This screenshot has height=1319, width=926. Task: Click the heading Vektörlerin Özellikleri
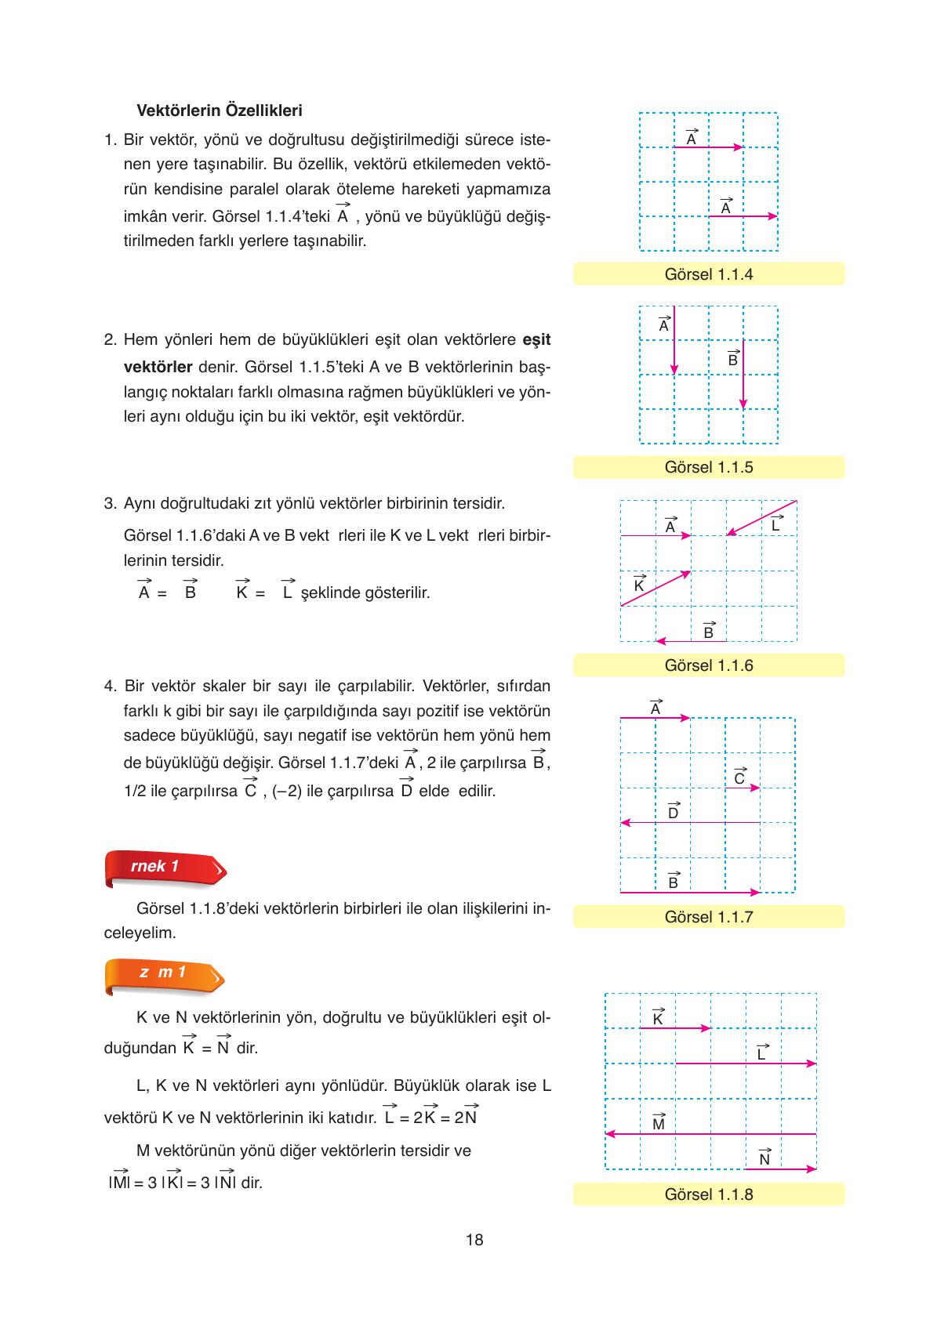coord(220,111)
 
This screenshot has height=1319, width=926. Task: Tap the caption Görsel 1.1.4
coord(708,274)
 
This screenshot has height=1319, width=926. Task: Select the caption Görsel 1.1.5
coord(708,467)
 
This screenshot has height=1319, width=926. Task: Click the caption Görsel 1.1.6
coord(708,665)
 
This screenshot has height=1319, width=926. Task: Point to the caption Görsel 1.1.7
coord(708,917)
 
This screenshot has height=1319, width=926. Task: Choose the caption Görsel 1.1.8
coord(708,1194)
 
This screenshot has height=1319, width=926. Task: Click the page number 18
coord(474,1240)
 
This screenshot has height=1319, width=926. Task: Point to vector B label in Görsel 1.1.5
coord(732,360)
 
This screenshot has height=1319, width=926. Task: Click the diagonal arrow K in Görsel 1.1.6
coord(655,589)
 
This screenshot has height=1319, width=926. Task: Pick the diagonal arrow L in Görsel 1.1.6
coord(761,518)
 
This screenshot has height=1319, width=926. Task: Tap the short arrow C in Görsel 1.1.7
coord(743,788)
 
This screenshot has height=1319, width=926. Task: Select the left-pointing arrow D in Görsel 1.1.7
coord(690,823)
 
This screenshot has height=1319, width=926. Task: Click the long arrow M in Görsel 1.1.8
coord(710,1134)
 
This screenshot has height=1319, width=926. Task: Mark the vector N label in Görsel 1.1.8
coord(764,1159)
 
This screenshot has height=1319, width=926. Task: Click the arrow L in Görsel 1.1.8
coord(746,1064)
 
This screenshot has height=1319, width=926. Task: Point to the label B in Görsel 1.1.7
coord(673,882)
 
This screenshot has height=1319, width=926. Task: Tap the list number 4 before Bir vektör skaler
coord(109,687)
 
